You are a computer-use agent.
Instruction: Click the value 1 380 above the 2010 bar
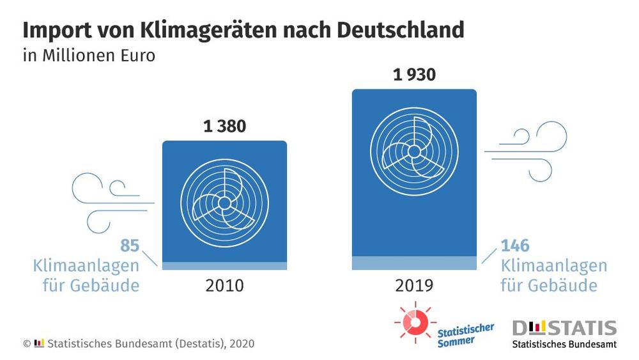pos(224,127)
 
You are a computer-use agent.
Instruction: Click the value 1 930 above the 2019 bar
pos(414,75)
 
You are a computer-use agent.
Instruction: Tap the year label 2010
pos(224,285)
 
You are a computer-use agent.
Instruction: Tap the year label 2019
pos(414,285)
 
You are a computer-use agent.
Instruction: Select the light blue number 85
pos(130,246)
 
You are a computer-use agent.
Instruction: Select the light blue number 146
pos(515,246)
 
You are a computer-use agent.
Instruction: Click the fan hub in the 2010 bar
pos(224,202)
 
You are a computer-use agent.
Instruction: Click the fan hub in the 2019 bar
pos(413,151)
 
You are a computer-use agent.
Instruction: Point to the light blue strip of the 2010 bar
pos(224,265)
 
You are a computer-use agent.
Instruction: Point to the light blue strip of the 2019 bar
pos(414,263)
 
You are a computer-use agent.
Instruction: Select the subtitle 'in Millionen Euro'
pos(89,55)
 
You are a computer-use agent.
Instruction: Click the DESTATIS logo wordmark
pos(564,329)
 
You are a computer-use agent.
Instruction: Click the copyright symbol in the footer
pos(27,343)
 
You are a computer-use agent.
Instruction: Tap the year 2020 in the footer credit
pos(242,343)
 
